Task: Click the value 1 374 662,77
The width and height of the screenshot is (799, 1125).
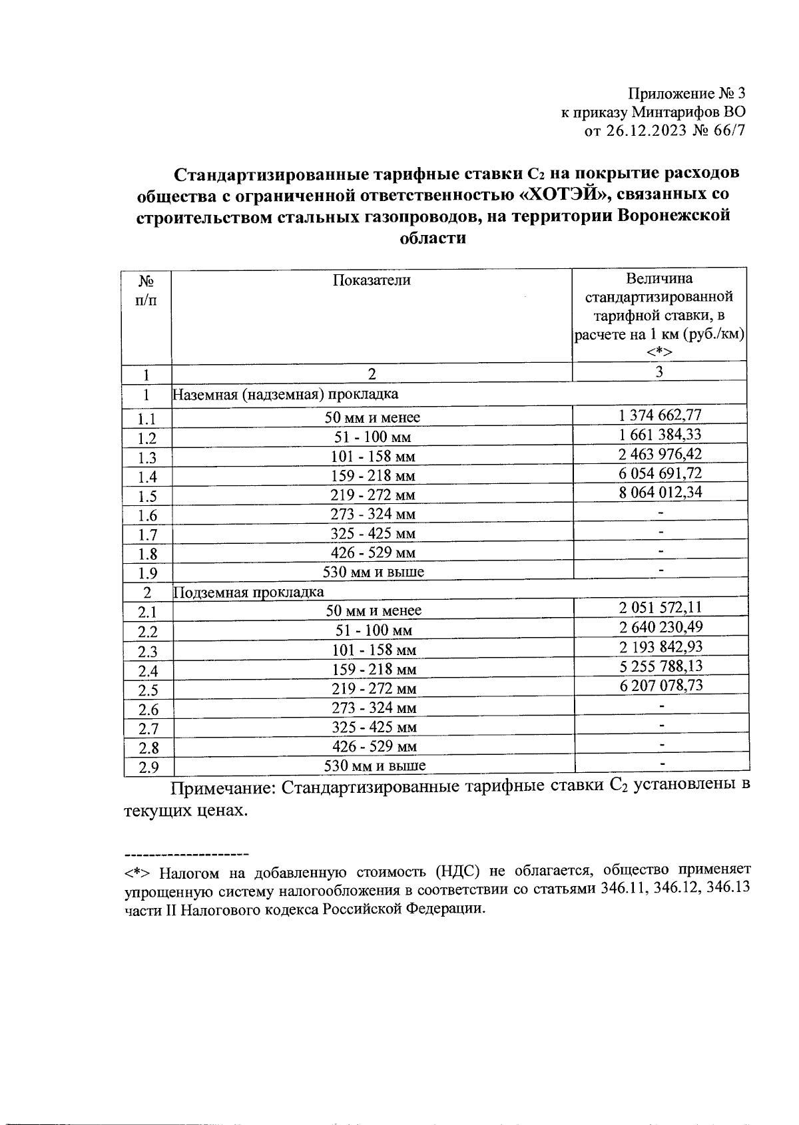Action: [x=659, y=415]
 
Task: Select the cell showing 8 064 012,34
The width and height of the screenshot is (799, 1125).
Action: [x=659, y=493]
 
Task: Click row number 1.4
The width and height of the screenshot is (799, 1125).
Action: [x=146, y=477]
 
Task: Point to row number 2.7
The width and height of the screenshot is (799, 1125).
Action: [x=148, y=729]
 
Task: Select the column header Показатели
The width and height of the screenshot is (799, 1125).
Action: [x=372, y=280]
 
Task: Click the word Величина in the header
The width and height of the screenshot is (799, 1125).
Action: [x=659, y=278]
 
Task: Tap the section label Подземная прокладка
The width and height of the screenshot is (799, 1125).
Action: [x=248, y=592]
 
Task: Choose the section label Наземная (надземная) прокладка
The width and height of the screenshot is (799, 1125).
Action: [x=286, y=394]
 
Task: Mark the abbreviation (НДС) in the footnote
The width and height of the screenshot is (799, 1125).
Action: [x=458, y=871]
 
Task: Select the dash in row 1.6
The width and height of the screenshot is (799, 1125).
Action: [x=661, y=513]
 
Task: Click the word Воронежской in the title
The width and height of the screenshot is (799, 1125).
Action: [x=674, y=216]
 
